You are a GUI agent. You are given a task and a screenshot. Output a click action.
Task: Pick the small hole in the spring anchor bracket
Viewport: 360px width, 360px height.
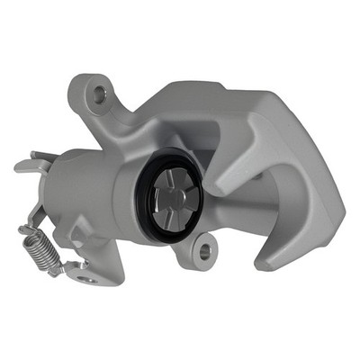click(87, 279)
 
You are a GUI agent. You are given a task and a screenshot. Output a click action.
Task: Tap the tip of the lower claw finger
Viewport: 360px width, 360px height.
click(266, 263)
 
